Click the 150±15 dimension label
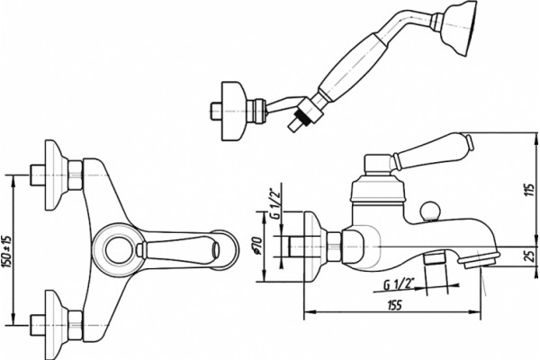point(7,250)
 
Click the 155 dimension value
point(394,306)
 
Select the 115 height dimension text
point(530,190)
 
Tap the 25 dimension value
point(531,256)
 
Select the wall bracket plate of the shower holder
point(234,111)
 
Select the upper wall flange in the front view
point(56,175)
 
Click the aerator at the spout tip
point(481,259)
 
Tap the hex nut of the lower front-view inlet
point(75,325)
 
